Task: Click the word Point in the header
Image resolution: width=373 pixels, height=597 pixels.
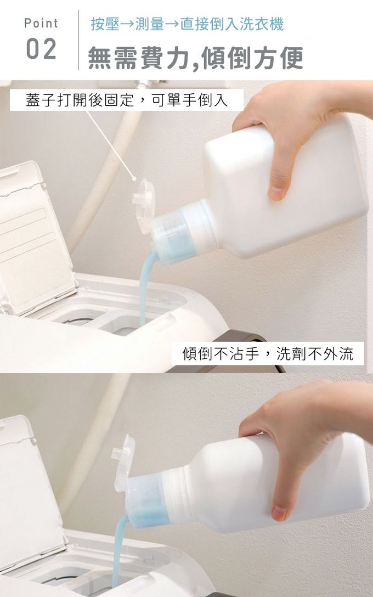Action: pyautogui.click(x=41, y=23)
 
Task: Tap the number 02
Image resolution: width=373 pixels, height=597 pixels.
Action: pyautogui.click(x=41, y=49)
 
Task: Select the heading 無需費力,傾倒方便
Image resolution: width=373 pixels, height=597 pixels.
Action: pyautogui.click(x=196, y=58)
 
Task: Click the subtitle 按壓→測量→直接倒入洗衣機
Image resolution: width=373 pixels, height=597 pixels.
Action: pyautogui.click(x=187, y=24)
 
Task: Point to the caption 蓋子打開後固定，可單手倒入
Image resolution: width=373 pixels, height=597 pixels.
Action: pyautogui.click(x=127, y=100)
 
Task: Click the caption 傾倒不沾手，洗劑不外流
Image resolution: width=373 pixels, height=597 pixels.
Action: pyautogui.click(x=268, y=354)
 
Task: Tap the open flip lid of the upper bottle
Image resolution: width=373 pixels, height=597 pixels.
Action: pyautogui.click(x=143, y=206)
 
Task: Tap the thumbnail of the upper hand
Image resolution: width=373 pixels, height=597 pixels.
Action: pyautogui.click(x=276, y=193)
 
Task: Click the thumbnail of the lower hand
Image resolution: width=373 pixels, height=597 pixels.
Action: pyautogui.click(x=280, y=512)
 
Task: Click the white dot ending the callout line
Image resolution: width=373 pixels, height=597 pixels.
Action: pyautogui.click(x=134, y=178)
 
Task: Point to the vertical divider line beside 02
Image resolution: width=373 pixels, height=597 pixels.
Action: pyautogui.click(x=79, y=40)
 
